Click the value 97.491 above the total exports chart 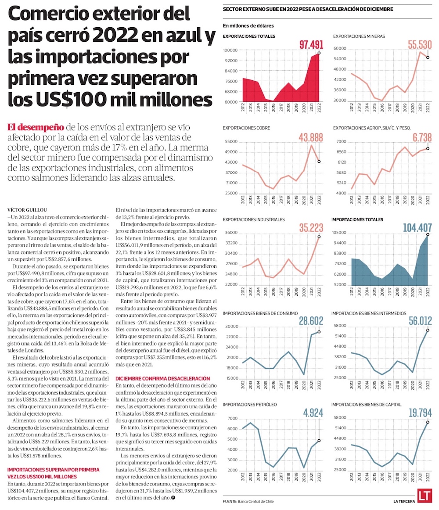[x=311, y=45]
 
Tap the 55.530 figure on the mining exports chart [x=420, y=44]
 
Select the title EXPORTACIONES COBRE [x=246, y=128]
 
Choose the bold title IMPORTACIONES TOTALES [x=357, y=219]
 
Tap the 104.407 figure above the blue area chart [x=415, y=227]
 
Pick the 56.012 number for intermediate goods [x=420, y=321]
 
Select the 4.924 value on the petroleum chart [x=313, y=413]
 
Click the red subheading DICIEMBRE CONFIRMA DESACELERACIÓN [x=162, y=378]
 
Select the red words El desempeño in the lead [x=36, y=128]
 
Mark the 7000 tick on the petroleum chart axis [x=232, y=418]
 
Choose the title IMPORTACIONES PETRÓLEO [x=250, y=404]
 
